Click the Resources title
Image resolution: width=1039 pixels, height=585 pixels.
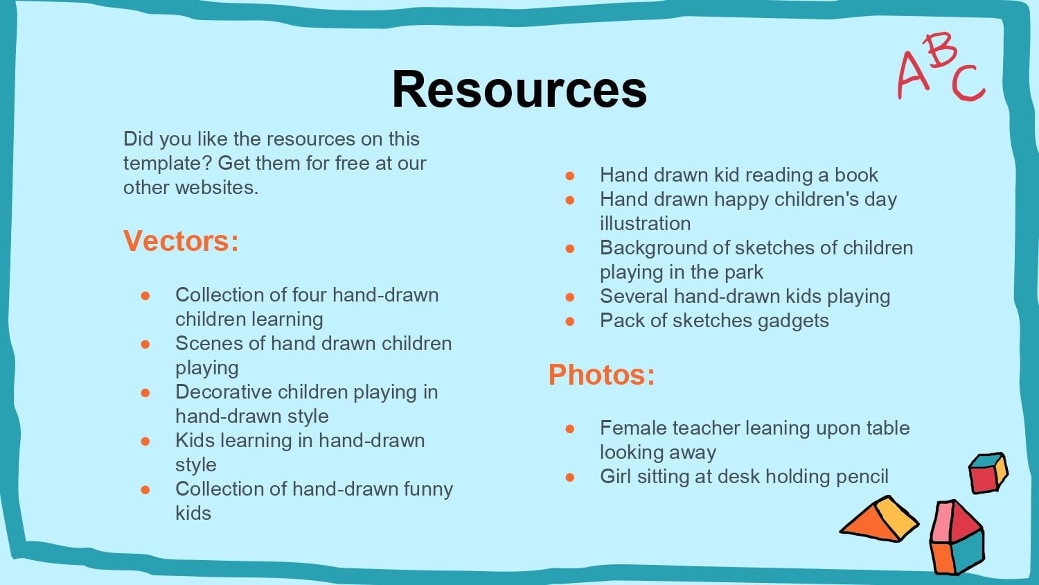[519, 89]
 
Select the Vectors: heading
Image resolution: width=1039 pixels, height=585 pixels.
[181, 241]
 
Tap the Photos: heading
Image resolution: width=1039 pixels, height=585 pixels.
[602, 375]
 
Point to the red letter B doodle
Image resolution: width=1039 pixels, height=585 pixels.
[939, 50]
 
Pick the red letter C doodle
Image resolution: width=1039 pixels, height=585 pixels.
[968, 84]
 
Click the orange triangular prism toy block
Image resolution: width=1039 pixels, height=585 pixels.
[879, 519]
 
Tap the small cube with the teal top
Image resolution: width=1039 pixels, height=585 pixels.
[988, 473]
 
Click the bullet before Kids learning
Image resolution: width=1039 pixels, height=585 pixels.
[145, 441]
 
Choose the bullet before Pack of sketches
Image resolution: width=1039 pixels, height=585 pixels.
[570, 321]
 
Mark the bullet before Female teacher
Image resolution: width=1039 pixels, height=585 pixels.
[570, 428]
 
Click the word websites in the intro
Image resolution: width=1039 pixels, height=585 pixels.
[217, 188]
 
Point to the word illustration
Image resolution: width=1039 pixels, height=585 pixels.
[645, 224]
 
